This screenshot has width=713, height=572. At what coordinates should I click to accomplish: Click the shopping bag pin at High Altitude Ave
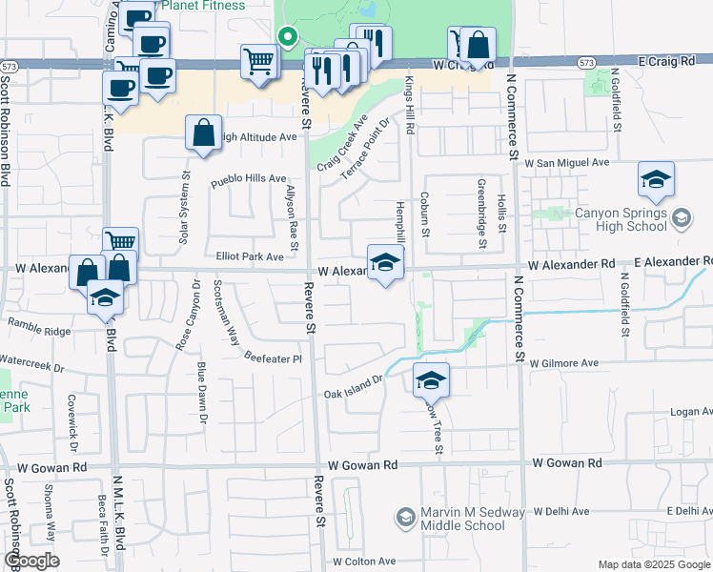click(204, 134)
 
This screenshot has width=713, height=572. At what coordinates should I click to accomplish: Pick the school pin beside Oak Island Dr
click(431, 381)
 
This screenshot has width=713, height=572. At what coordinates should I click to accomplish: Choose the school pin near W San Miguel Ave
click(656, 179)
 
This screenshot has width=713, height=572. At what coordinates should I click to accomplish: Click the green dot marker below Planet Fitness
click(285, 38)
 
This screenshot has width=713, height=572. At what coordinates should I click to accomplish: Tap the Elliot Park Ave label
click(250, 256)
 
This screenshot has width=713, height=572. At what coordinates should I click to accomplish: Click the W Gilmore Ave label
click(563, 363)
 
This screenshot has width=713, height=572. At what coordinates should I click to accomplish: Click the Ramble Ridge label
click(39, 331)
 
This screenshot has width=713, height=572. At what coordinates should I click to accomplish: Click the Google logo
click(32, 561)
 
